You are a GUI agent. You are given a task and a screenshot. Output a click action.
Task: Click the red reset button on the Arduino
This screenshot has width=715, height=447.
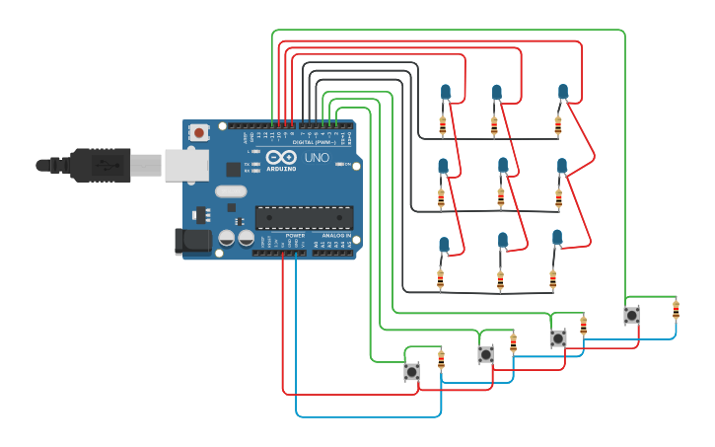199,132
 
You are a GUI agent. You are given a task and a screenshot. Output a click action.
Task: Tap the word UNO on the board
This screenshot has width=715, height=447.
317,158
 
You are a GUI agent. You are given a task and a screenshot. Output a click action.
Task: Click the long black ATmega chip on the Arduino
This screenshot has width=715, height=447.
304,217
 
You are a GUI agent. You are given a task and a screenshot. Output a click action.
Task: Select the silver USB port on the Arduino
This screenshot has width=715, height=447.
186,165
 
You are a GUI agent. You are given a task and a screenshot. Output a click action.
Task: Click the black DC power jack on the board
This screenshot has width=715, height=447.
191,240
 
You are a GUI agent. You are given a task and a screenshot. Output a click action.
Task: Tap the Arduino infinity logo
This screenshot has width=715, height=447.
280,158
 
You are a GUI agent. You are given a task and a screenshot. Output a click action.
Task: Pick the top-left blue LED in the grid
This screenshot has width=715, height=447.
446,93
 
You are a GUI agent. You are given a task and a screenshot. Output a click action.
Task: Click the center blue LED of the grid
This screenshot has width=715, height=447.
503,165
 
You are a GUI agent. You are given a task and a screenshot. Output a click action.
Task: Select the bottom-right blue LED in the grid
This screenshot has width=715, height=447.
557,237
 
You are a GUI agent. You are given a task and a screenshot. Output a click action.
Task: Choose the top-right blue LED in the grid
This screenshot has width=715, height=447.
563,92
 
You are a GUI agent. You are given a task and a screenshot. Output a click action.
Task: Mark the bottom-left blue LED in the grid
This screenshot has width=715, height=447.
444,244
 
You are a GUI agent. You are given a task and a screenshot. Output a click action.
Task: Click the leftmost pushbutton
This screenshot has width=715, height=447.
411,371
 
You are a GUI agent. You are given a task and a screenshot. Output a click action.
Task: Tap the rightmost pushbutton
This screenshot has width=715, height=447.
631,315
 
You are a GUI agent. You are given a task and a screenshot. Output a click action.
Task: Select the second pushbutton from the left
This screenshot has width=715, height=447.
485,354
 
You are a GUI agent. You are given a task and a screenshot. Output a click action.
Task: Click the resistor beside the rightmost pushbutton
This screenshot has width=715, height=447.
676,310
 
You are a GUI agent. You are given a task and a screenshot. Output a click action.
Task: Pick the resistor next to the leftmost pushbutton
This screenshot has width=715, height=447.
441,359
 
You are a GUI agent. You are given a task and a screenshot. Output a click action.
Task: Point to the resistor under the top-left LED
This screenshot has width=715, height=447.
442,125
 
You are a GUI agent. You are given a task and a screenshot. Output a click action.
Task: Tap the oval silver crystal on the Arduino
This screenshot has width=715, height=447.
230,191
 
